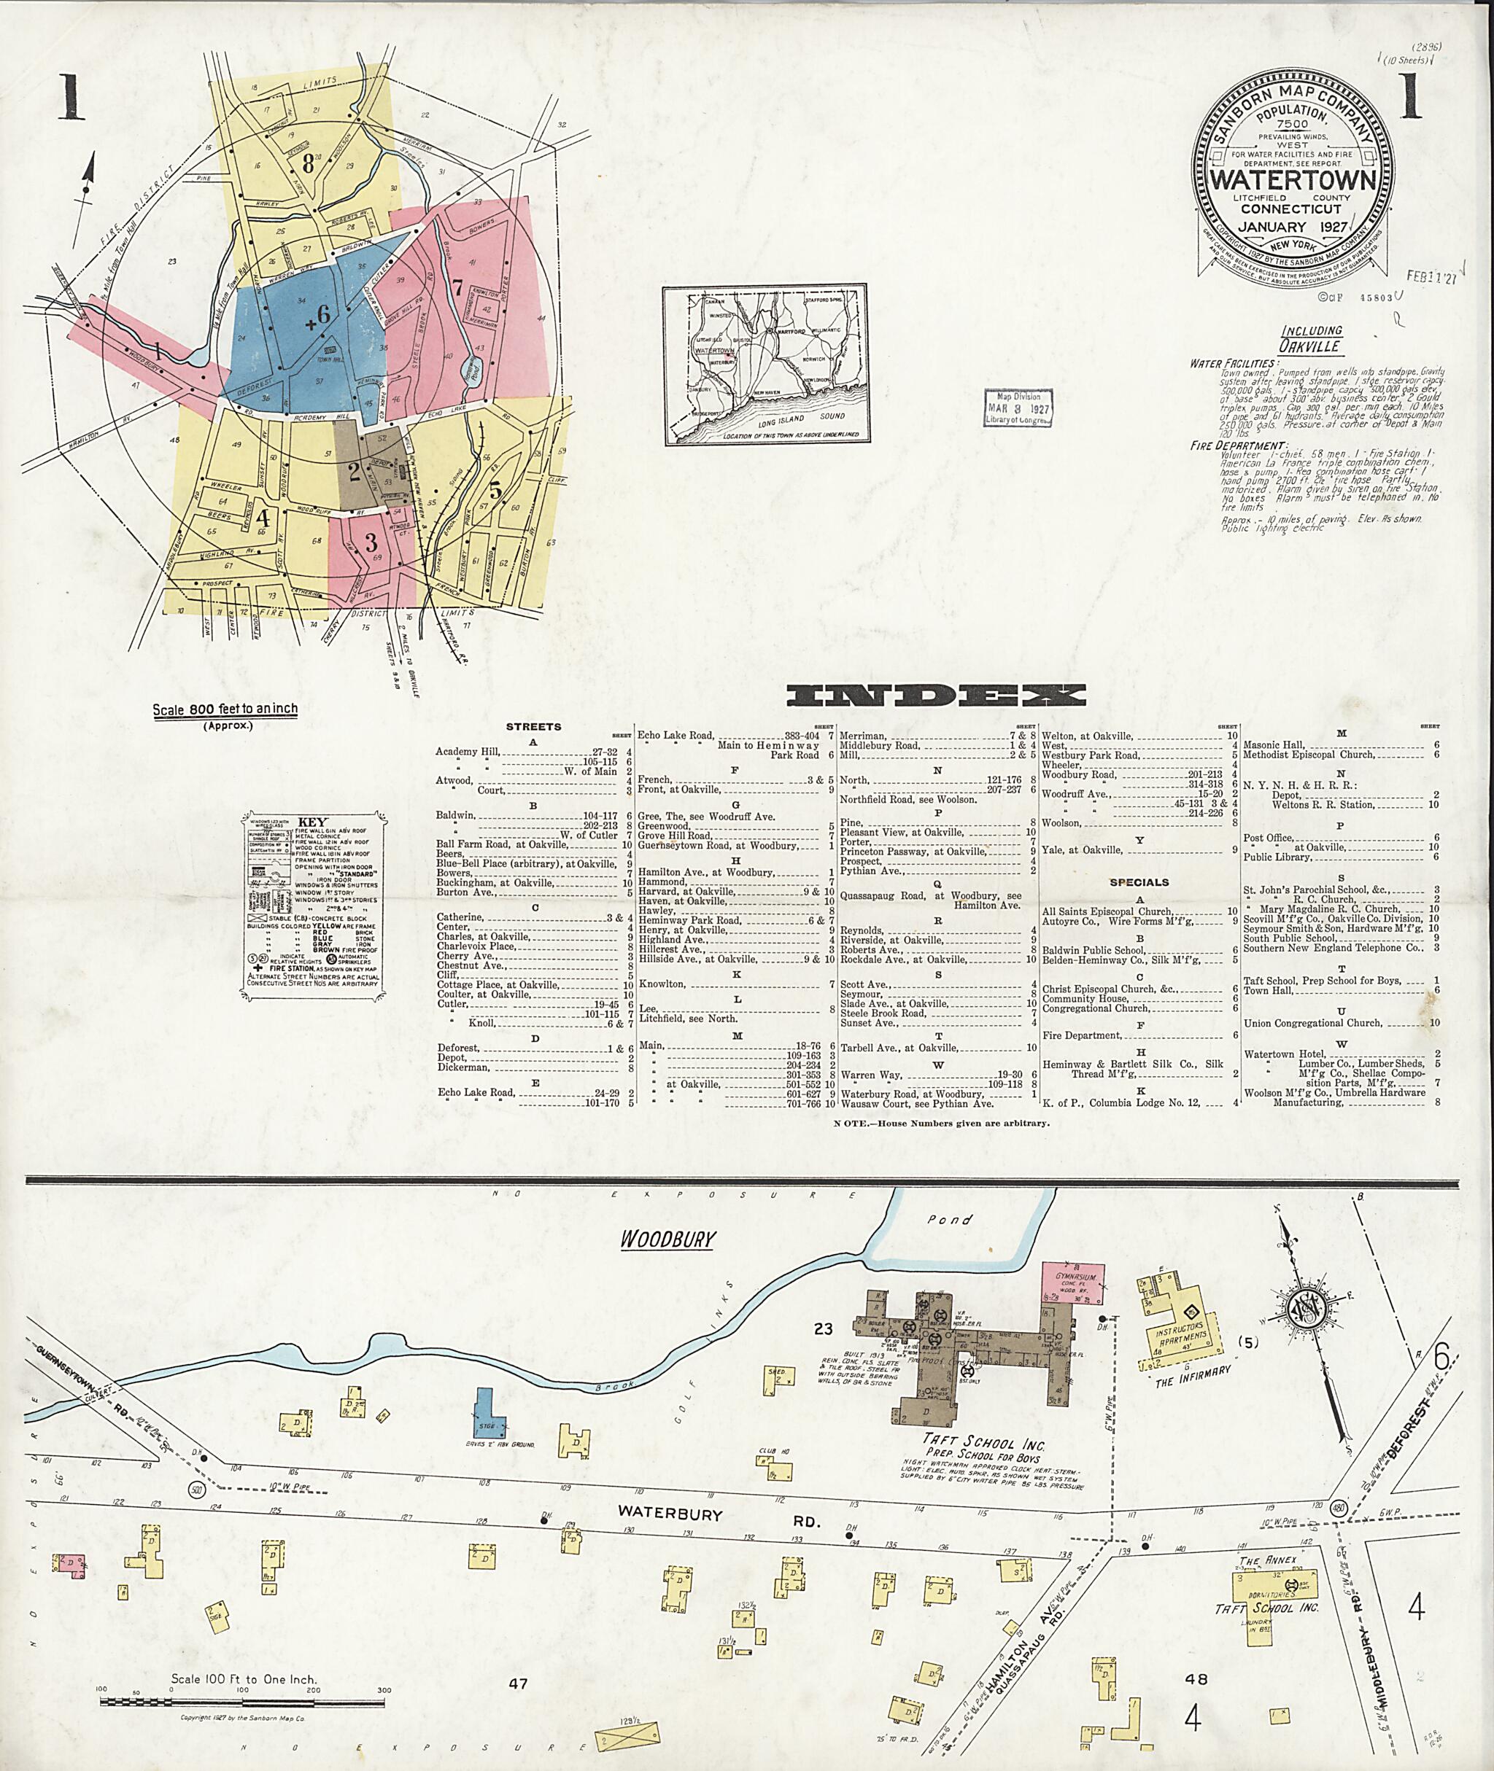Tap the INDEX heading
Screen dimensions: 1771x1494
936,696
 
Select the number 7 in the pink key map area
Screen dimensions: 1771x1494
457,287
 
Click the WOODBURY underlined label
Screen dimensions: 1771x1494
667,1239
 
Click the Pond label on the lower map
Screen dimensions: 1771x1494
949,1220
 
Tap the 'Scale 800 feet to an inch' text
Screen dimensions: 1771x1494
225,709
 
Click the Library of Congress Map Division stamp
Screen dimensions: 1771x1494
1017,409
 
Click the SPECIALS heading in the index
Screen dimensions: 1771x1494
1139,882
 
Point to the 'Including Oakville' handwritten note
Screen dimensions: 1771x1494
1310,338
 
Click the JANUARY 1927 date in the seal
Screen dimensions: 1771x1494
1285,227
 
